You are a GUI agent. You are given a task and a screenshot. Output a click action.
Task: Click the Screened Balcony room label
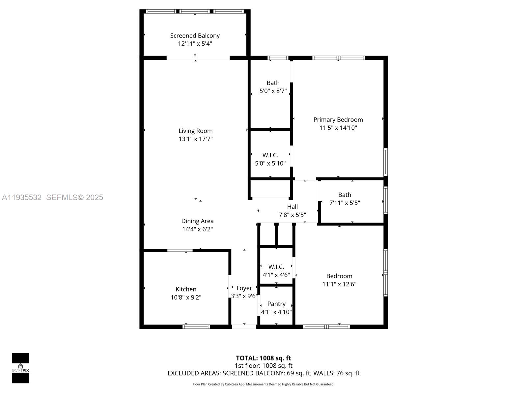pos(195,36)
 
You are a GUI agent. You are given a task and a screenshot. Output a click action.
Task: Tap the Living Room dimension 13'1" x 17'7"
pos(195,139)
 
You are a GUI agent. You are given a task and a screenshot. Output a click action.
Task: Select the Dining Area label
pos(197,221)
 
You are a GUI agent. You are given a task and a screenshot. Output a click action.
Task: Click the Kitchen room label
pos(186,289)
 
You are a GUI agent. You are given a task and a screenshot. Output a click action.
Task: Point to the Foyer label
pos(244,288)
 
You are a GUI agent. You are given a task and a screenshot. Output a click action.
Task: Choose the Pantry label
pos(276,304)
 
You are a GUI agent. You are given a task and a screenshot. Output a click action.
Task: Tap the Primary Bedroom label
pos(338,119)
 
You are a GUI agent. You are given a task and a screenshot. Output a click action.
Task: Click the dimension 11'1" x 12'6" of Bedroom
pos(339,284)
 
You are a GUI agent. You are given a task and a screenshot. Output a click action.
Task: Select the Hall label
pos(292,207)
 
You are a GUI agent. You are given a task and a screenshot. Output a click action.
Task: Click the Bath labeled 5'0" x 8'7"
pos(273,83)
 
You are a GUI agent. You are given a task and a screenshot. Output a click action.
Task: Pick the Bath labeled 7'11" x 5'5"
pos(345,195)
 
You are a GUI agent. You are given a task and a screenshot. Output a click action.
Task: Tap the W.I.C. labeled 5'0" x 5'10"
pos(270,155)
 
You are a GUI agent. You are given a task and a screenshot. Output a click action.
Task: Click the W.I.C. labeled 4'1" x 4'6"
pos(276,267)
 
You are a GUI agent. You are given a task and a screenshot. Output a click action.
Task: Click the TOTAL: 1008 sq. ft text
pos(263,358)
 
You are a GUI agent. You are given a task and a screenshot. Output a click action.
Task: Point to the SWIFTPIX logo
pos(20,368)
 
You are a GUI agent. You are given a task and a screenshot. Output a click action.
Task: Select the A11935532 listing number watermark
pos(22,197)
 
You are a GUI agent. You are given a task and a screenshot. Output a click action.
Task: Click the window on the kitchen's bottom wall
pos(196,327)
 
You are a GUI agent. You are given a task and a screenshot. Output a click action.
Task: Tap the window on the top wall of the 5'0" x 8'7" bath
pos(278,58)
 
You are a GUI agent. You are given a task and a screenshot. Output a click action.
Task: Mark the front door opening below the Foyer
pos(244,327)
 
